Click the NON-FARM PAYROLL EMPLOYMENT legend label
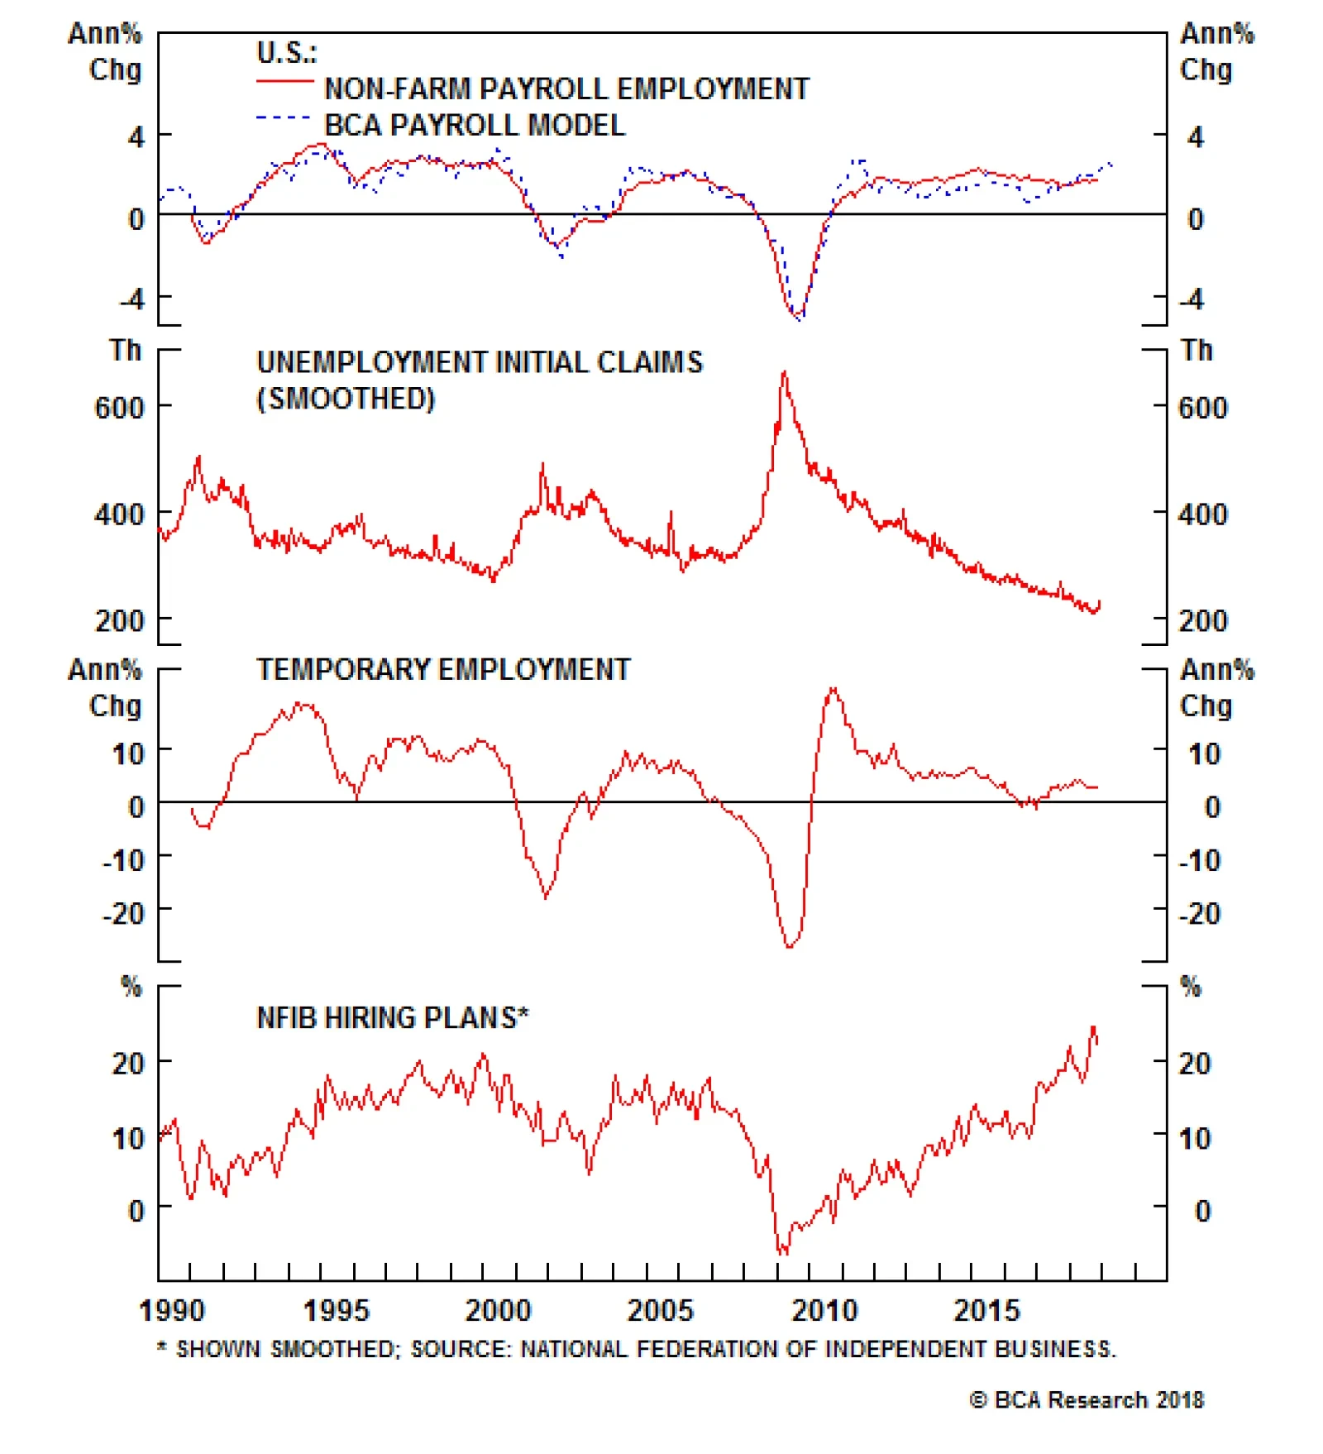tap(566, 88)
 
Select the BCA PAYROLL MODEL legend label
tap(475, 125)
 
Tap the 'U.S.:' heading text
tap(286, 53)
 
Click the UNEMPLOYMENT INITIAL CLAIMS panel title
tap(480, 362)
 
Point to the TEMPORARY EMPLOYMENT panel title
tap(443, 669)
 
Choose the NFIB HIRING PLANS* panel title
tap(393, 1017)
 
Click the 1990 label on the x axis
tap(171, 1310)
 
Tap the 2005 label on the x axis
tap(660, 1310)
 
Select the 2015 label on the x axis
tap(986, 1310)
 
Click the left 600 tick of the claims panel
tap(119, 408)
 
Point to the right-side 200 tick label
tap(1203, 620)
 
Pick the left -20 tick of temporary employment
tap(123, 914)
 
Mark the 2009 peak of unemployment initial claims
tap(784, 373)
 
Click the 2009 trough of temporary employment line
tap(790, 946)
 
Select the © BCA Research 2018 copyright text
tap(1087, 1399)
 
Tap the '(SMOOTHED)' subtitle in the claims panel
tap(346, 399)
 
